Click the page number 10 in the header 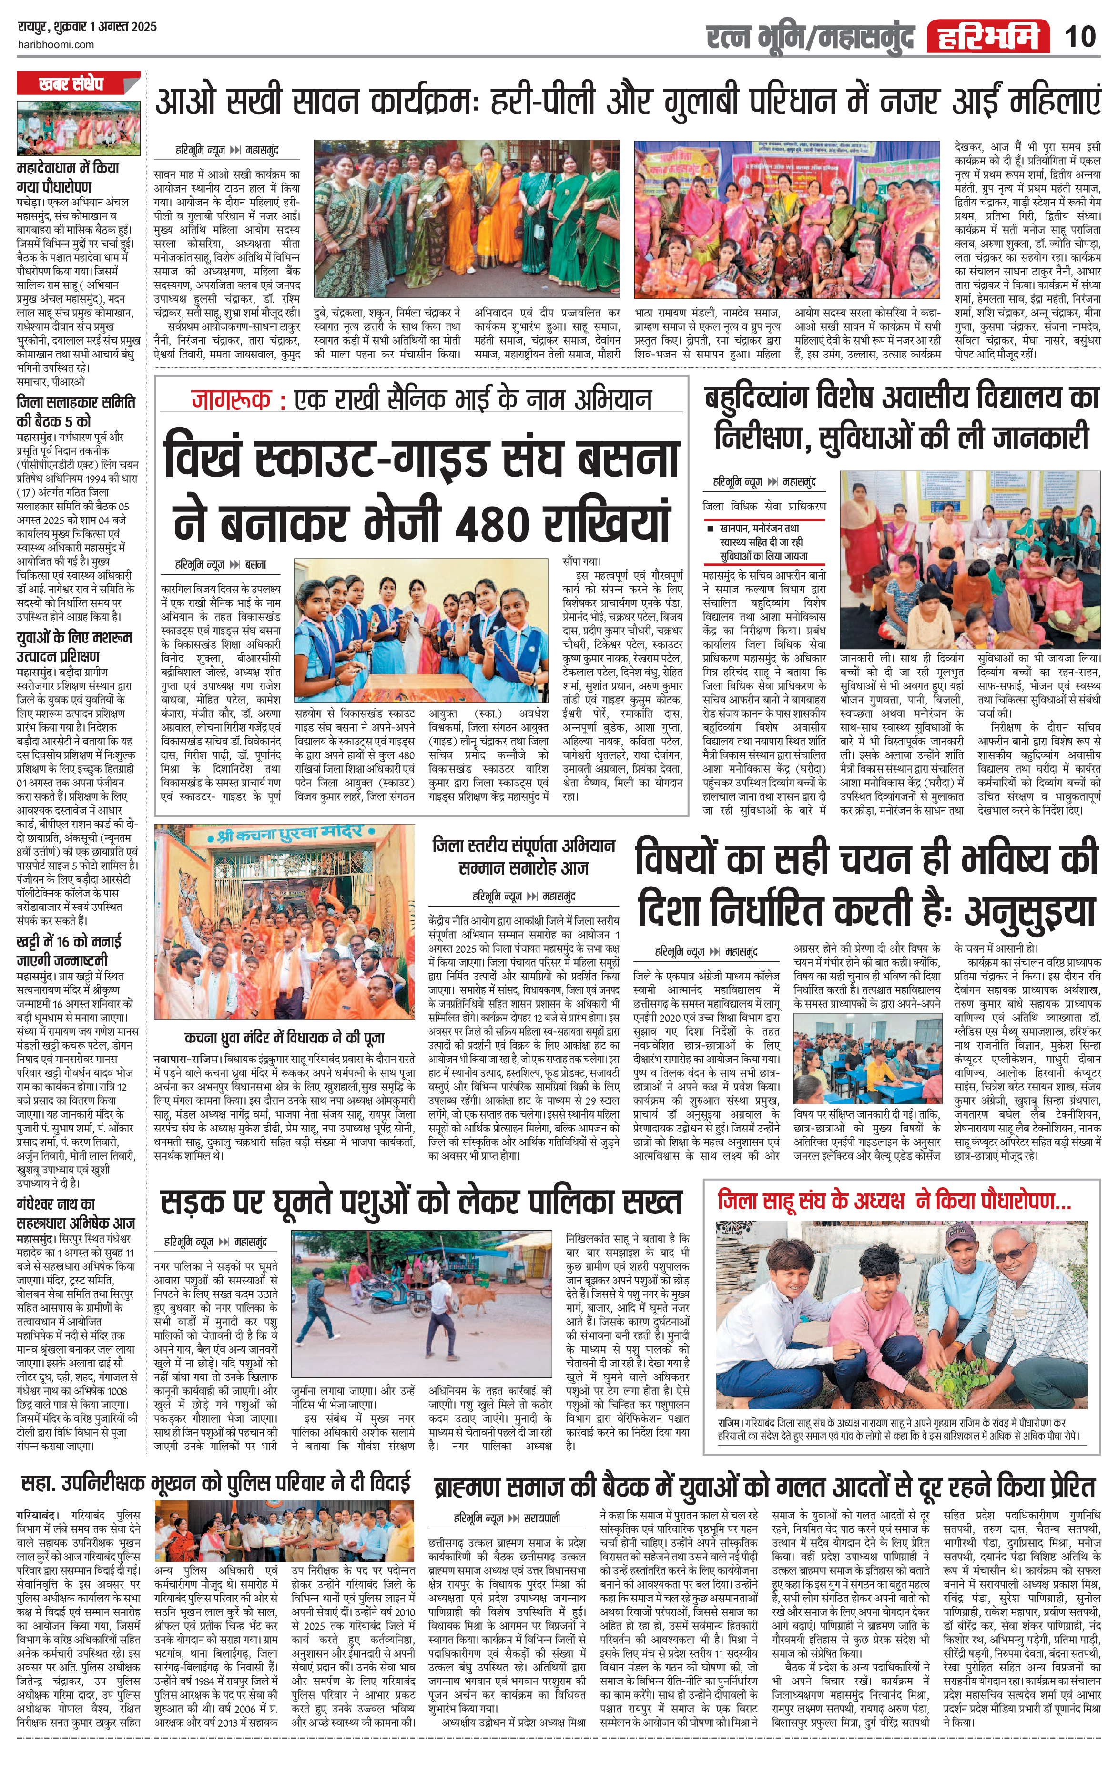(x=1080, y=35)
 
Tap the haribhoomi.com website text (x=55, y=44)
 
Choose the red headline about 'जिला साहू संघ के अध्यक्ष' (x=894, y=1201)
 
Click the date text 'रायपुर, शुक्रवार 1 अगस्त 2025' (x=87, y=27)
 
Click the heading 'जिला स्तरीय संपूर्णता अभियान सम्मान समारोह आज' (x=523, y=856)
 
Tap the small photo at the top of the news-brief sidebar (x=78, y=128)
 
